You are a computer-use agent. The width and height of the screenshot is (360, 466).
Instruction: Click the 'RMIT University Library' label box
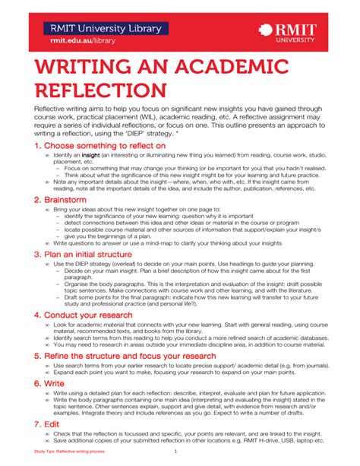click(106, 29)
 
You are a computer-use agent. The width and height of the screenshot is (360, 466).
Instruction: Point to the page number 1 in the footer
click(175, 453)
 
